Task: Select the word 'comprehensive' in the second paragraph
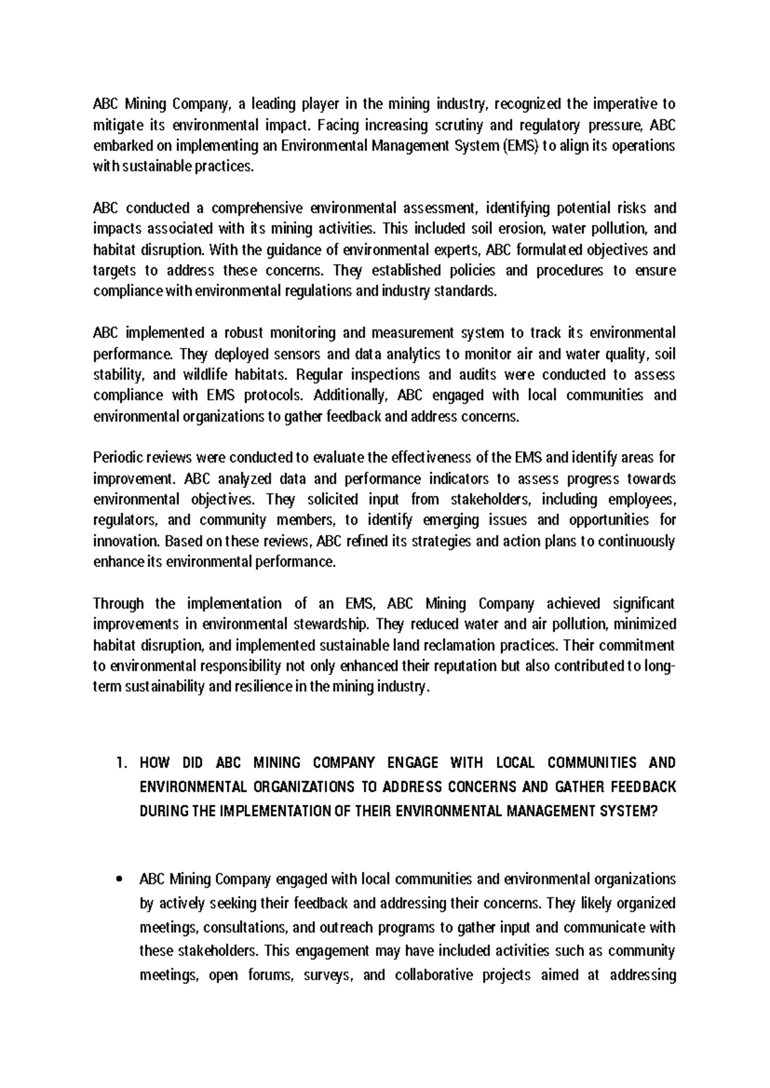pyautogui.click(x=256, y=208)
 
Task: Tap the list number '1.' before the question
pyautogui.click(x=121, y=763)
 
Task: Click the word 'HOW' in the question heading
pyautogui.click(x=153, y=763)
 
